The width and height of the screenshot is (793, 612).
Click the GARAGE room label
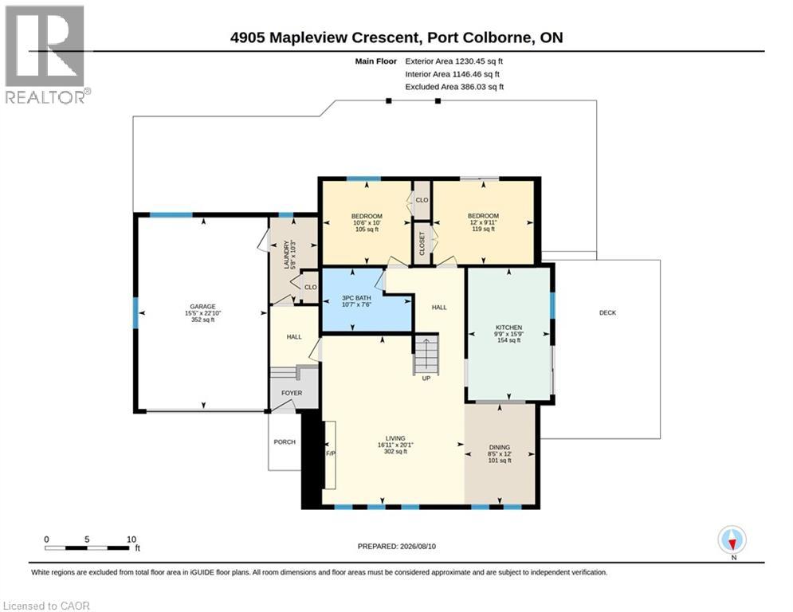point(202,307)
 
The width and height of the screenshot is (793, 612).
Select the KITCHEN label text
point(508,328)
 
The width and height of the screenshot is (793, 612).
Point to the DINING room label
point(499,447)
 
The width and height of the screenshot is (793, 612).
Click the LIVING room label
point(395,438)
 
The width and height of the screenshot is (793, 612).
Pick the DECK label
point(607,312)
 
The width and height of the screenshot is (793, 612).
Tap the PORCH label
point(285,441)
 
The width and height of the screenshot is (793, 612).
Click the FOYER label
point(292,393)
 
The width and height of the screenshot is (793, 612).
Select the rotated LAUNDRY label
point(286,254)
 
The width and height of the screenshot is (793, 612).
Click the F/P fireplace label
point(330,453)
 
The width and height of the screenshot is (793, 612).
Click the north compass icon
point(732,540)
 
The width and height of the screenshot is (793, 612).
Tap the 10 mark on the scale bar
point(132,539)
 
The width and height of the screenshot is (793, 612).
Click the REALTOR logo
point(45,55)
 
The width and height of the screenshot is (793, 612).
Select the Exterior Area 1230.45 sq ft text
point(453,61)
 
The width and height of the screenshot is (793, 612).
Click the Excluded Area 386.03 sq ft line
point(454,87)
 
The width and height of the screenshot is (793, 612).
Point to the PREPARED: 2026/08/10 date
point(397,546)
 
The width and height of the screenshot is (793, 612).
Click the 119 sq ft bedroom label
point(483,229)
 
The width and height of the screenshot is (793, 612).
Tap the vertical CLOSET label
point(422,243)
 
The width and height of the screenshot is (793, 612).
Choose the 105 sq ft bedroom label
point(367,229)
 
